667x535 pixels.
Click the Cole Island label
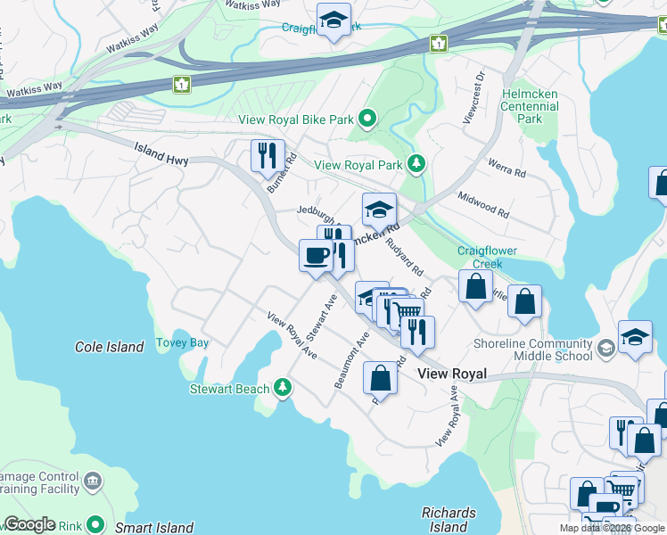(110, 347)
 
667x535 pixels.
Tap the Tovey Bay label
(182, 342)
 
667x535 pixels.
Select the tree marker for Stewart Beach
(283, 387)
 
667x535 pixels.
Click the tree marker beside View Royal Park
(415, 164)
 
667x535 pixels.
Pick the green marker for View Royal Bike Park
(366, 119)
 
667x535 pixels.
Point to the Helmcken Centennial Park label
(530, 106)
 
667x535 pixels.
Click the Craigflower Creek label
(487, 257)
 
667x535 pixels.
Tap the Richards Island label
(449, 519)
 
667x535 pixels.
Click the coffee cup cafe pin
(317, 256)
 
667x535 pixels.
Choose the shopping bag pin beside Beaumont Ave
(380, 377)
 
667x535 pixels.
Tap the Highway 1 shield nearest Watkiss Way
(182, 85)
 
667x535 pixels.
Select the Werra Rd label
(506, 167)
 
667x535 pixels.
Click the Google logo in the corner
(29, 524)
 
